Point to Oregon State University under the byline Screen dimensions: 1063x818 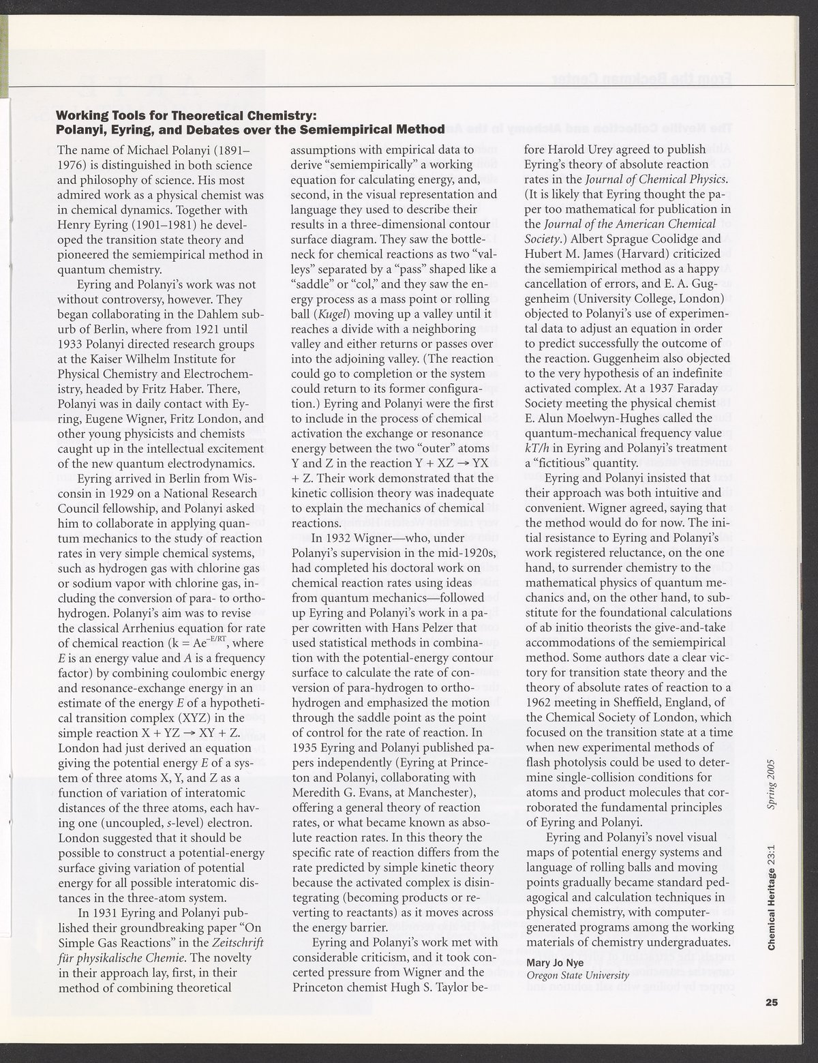tap(577, 975)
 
